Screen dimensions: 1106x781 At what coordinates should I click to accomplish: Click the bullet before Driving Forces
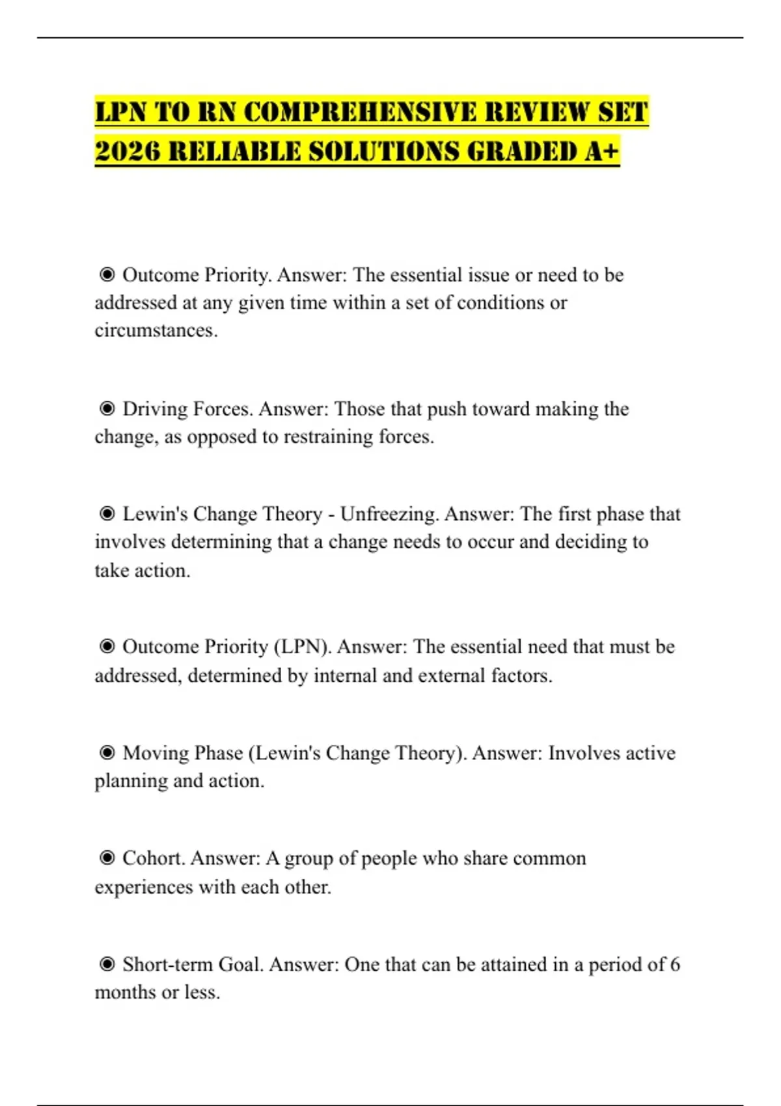[107, 409]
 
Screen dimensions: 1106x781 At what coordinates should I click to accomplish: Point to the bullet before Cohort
[107, 858]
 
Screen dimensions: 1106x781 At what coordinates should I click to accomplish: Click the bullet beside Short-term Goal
[107, 964]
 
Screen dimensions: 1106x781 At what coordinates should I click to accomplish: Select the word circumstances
[156, 330]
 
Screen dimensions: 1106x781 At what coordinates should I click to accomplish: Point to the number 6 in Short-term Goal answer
[675, 964]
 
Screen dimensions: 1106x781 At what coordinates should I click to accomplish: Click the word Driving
[155, 409]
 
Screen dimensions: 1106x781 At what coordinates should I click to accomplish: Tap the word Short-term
[167, 964]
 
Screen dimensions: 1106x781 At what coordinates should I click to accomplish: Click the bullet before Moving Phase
[107, 753]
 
